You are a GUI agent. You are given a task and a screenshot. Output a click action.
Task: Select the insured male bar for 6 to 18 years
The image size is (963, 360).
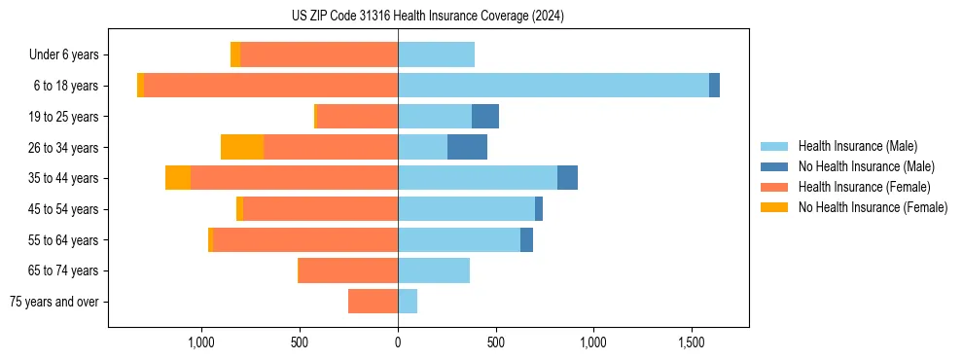click(553, 86)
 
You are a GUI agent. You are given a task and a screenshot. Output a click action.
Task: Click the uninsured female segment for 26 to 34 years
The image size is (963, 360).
click(242, 147)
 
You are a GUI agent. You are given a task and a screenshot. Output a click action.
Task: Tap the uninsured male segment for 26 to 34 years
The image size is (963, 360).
click(467, 147)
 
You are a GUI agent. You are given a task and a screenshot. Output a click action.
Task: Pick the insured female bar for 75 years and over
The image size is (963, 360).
click(373, 302)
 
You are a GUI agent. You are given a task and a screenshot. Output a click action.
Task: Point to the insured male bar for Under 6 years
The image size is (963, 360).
click(436, 54)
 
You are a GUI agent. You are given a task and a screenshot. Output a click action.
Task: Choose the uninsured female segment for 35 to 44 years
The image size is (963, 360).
click(178, 178)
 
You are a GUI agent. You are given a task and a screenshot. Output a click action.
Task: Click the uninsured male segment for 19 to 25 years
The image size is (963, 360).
click(485, 117)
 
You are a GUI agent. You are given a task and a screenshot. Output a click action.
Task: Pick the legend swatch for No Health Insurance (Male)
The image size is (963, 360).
click(774, 166)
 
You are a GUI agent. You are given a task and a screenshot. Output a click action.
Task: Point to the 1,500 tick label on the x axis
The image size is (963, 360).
click(692, 342)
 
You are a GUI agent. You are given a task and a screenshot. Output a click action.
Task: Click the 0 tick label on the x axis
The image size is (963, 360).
click(398, 342)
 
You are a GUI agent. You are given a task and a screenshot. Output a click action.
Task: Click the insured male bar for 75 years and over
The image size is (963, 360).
click(408, 302)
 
